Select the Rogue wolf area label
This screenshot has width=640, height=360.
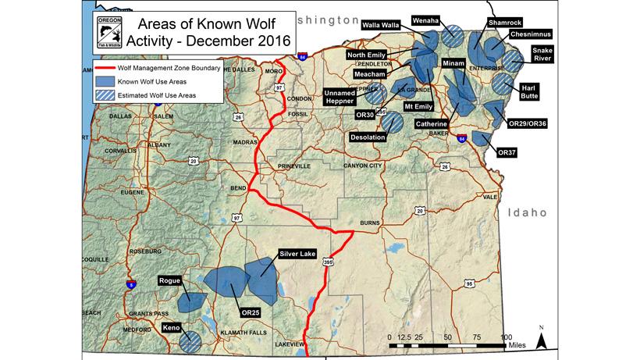point(170,280)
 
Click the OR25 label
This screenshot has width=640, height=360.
point(251,313)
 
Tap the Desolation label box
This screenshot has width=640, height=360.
point(368,137)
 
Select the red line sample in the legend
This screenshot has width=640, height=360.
point(110,69)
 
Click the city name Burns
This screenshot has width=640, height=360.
point(370,223)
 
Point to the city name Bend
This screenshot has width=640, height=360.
point(239,188)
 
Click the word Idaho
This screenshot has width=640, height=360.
point(529,212)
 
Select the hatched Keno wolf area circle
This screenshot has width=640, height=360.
point(189,340)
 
